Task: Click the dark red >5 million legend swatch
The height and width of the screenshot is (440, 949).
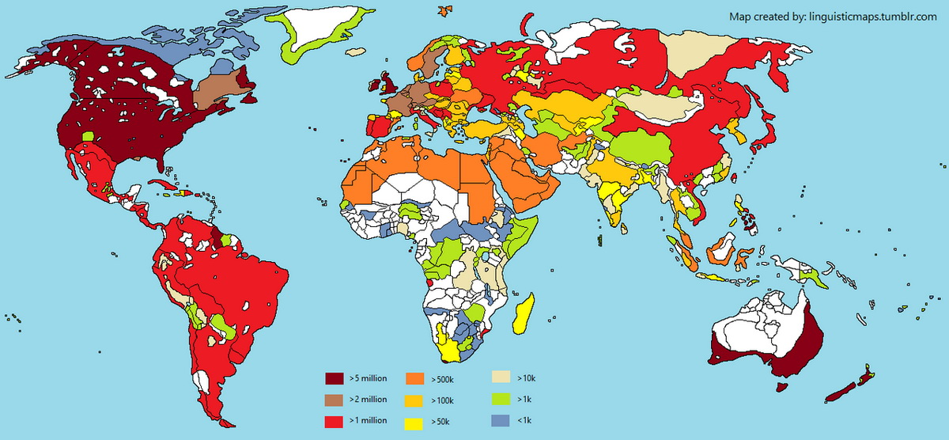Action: click(x=334, y=377)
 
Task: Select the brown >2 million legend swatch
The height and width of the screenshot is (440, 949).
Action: click(x=334, y=399)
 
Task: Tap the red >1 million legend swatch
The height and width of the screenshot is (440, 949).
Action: click(x=334, y=420)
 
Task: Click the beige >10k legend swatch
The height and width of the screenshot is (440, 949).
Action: click(x=501, y=377)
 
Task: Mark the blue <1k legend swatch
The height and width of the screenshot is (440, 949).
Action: click(x=501, y=420)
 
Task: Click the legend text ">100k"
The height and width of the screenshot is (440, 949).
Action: click(x=444, y=400)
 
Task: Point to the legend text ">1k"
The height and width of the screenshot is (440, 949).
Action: click(x=524, y=400)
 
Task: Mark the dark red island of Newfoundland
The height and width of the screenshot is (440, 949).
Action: click(x=251, y=99)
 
